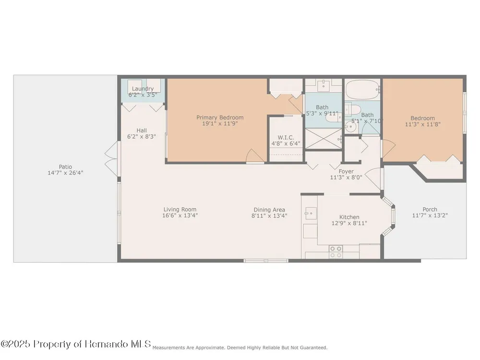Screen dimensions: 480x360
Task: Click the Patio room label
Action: click(x=65, y=167)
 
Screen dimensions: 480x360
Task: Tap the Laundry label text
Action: click(x=143, y=89)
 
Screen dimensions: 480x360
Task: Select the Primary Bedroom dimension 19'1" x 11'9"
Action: click(x=220, y=124)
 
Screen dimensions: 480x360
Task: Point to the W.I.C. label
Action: click(x=286, y=137)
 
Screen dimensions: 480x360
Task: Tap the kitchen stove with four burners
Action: click(x=336, y=252)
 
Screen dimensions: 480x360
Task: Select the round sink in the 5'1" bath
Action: click(x=351, y=126)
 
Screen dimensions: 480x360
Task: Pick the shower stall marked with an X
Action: click(x=323, y=139)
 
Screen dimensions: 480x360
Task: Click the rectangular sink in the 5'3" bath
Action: click(x=324, y=85)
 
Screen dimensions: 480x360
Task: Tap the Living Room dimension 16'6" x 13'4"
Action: click(x=180, y=215)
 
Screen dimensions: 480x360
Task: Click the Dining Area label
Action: click(x=269, y=210)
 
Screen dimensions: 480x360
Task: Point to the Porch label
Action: click(x=430, y=209)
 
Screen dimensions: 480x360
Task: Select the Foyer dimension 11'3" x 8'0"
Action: click(x=346, y=177)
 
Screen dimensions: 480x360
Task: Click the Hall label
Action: click(x=142, y=131)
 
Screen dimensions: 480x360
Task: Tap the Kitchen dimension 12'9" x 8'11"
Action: click(x=349, y=223)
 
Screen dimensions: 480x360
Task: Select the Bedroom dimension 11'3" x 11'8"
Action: click(x=423, y=124)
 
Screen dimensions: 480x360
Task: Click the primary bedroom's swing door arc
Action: click(x=256, y=155)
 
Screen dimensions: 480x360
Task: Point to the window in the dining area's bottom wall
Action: click(x=266, y=261)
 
